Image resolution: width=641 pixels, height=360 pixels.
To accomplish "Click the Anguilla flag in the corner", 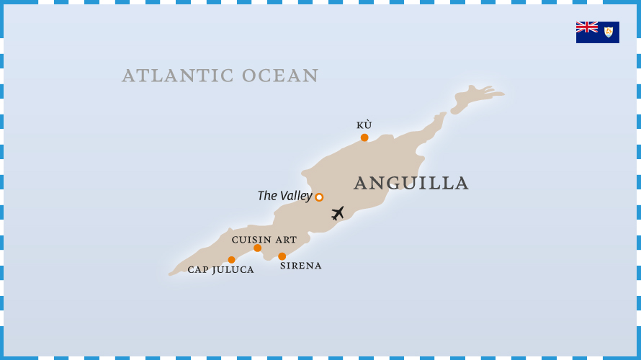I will (597, 32).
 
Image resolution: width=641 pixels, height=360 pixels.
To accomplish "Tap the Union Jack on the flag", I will (587, 27).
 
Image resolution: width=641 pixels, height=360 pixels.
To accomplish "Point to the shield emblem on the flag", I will (609, 32).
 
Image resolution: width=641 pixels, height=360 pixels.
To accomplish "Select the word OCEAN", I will (280, 76).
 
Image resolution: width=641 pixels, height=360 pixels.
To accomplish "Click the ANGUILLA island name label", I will (411, 184).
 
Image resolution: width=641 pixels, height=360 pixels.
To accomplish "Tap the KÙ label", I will (364, 125).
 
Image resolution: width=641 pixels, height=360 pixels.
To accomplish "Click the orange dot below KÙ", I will (364, 138).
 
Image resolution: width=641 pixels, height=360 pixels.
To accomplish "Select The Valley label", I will (285, 196).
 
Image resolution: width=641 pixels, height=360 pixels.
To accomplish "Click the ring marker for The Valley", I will (319, 197).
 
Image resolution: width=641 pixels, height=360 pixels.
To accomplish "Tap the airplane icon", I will (338, 213).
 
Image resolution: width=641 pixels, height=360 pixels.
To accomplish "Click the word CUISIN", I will (251, 240).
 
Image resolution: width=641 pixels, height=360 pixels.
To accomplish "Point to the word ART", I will (286, 240).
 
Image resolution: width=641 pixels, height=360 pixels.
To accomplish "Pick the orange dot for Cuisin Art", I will (257, 248).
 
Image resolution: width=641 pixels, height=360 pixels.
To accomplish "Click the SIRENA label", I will (300, 266).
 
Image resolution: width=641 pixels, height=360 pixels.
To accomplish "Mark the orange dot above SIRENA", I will (282, 256).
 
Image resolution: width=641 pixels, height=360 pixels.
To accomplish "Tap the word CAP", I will (198, 270).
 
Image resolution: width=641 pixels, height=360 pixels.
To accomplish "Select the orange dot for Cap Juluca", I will (231, 260).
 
